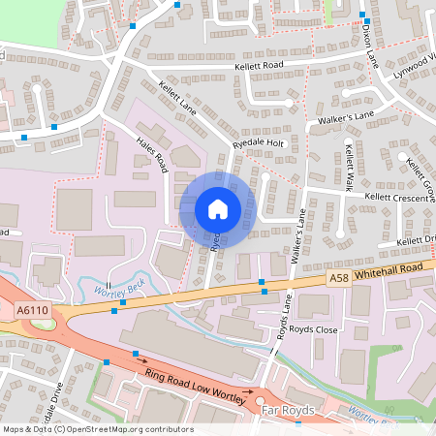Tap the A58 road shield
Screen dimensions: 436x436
coord(338,278)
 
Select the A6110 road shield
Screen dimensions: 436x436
coord(32,309)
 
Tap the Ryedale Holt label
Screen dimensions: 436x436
coord(258,142)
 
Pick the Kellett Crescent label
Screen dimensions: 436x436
coord(396,197)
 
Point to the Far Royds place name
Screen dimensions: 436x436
coord(290,411)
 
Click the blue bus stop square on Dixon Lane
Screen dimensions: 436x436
coord(363,16)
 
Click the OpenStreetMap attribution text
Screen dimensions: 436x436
coord(97,428)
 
